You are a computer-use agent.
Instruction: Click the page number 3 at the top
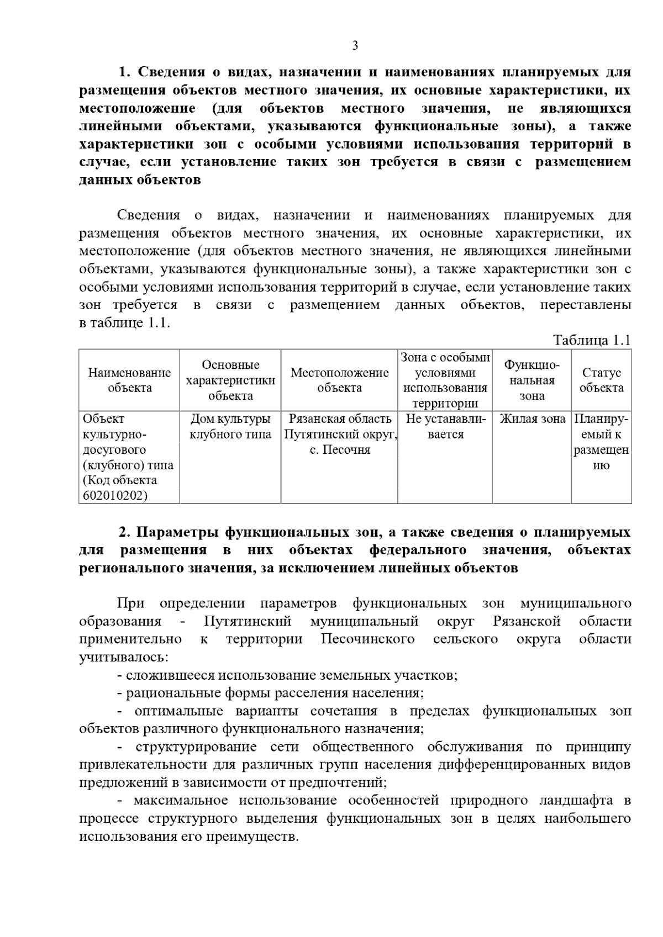coord(355,46)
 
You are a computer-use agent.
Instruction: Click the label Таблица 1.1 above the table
coord(592,340)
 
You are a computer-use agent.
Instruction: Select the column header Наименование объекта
coord(130,380)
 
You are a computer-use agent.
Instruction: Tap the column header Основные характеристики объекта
coord(230,380)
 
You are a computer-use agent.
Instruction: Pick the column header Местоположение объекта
coord(339,380)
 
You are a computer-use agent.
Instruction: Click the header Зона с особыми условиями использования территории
coord(445,380)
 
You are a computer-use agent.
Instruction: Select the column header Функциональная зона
coord(532,380)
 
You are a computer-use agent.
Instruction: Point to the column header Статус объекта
coord(601,380)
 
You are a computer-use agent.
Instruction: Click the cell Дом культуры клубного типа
coord(230,427)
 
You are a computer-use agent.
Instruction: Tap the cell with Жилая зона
coord(532,419)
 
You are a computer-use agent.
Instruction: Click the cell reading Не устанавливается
coord(445,427)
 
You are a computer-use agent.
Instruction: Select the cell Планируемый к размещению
coord(601,442)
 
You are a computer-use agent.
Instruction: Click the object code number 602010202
coord(115,496)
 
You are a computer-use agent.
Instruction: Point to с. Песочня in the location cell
coord(339,450)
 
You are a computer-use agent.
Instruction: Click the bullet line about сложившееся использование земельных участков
coord(287,675)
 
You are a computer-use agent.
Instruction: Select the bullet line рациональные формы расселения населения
coord(271,693)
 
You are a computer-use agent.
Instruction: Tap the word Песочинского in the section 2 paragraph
coord(368,639)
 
